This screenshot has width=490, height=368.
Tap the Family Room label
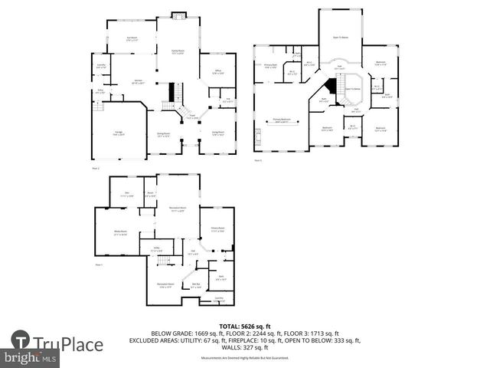pyautogui.click(x=178, y=51)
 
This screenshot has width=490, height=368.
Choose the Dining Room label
pyautogui.click(x=163, y=135)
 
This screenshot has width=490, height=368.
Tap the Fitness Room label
pyautogui.click(x=217, y=228)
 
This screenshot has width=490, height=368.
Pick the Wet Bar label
pyautogui.click(x=197, y=285)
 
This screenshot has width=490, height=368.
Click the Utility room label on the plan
pyautogui.click(x=156, y=248)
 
